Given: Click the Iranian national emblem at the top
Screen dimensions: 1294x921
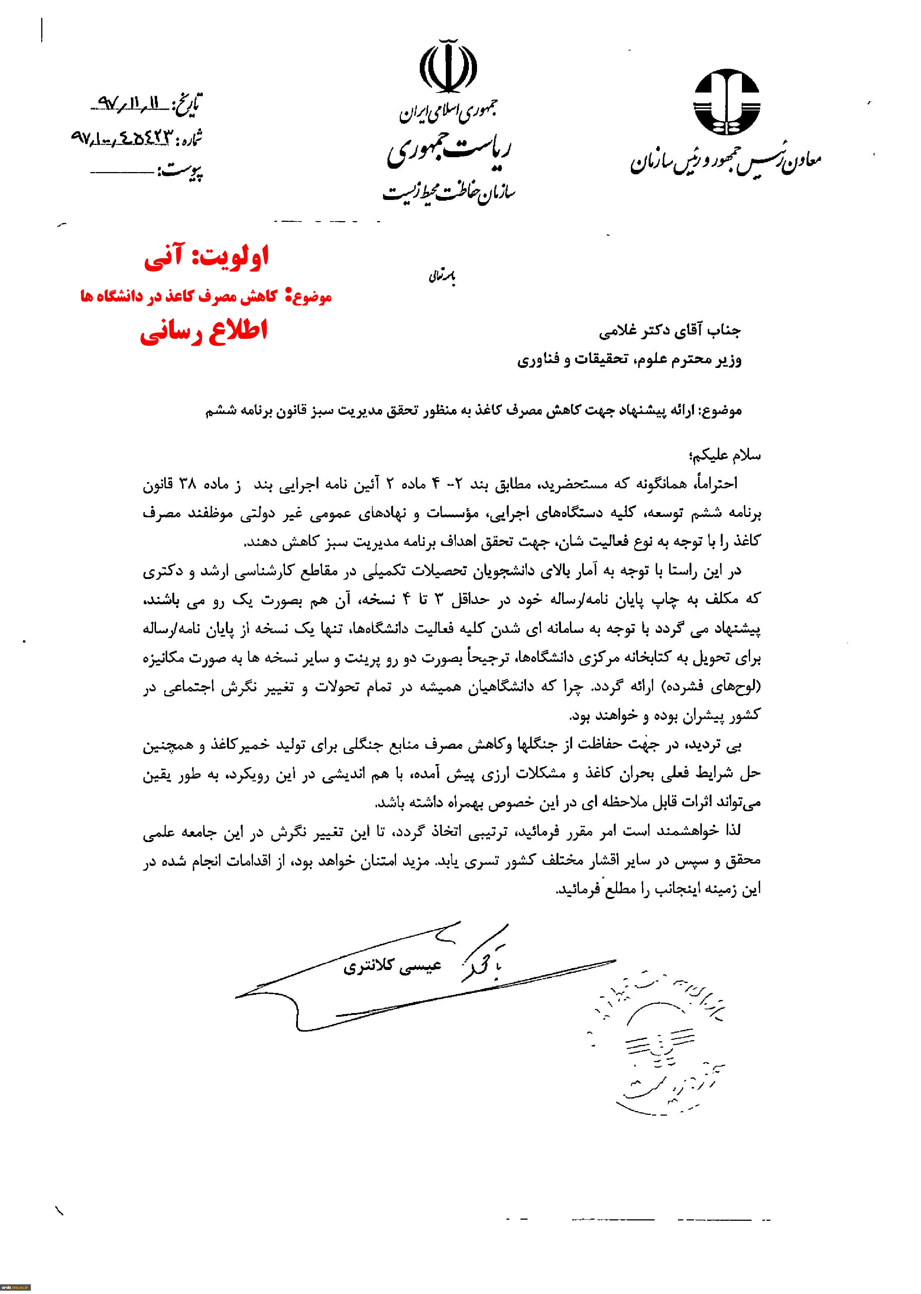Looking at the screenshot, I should coord(448,67).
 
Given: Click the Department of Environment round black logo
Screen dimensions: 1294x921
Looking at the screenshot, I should coord(726,102).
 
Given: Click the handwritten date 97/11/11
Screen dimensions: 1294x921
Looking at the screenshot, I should coord(130,103).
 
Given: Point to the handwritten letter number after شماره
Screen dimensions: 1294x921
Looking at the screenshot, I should coord(120,137).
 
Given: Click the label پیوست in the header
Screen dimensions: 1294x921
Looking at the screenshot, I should coord(181,171).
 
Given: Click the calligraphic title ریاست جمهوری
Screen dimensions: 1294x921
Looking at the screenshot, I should coord(448,152).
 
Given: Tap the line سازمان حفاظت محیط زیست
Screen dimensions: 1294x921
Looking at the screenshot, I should coord(448,193).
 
